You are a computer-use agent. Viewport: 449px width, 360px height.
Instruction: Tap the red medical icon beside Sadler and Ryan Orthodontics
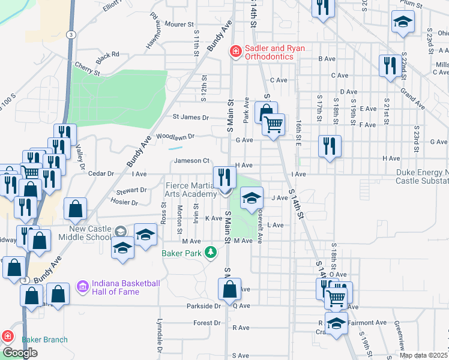pos(236,52)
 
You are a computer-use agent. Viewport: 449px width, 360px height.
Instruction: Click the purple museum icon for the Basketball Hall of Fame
pos(83,287)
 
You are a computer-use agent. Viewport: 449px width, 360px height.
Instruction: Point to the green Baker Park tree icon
pos(210,252)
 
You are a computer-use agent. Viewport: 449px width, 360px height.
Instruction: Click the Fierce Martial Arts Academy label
pos(191,190)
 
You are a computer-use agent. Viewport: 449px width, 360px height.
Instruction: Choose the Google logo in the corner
pos(20,353)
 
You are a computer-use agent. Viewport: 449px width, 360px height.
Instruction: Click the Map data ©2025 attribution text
pos(423,355)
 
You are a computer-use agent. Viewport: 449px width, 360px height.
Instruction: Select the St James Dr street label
pos(191,117)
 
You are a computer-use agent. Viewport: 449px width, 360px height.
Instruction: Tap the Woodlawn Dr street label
pos(175,136)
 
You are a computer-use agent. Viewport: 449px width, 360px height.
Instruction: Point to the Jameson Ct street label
pos(191,160)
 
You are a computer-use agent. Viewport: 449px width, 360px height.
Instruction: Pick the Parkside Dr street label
pos(205,305)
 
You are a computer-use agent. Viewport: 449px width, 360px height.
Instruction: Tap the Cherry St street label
pos(88,70)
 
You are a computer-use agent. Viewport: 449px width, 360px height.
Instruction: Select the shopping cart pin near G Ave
pos(273,125)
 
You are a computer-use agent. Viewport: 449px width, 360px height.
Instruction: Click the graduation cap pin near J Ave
pos(252,198)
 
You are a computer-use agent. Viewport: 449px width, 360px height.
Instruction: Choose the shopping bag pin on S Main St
pos(230,289)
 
